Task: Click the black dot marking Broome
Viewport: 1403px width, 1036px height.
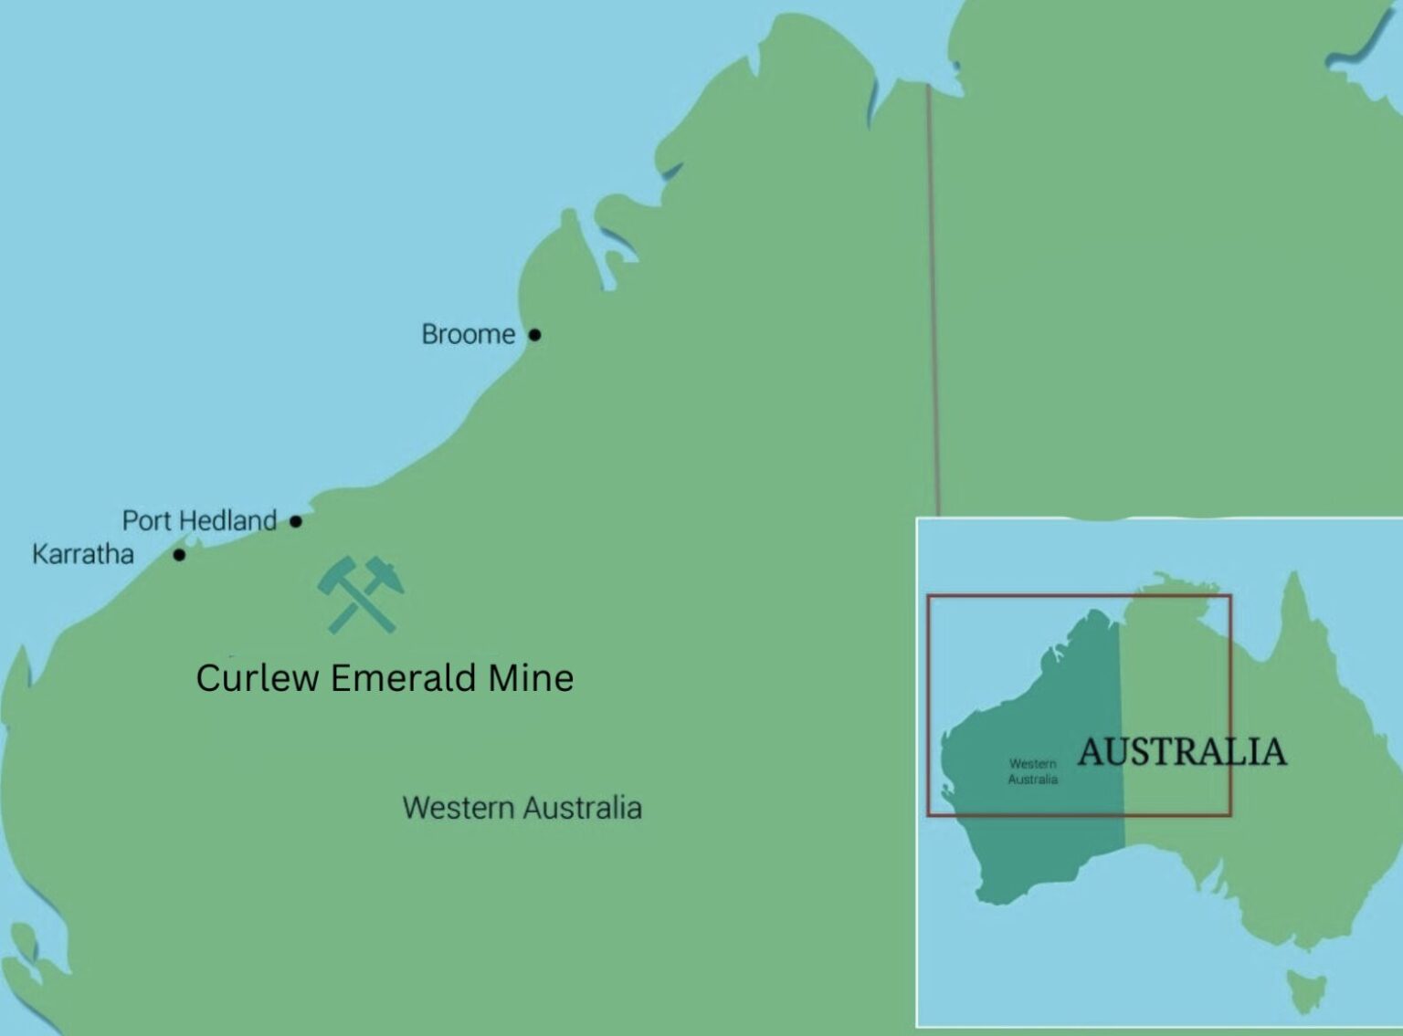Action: click(534, 335)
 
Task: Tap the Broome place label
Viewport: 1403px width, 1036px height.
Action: click(468, 335)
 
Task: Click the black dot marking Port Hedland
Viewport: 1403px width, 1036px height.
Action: click(296, 521)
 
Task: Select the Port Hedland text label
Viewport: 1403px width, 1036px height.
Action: click(199, 521)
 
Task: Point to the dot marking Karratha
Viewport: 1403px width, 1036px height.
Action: click(179, 554)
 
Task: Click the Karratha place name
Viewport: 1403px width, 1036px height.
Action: click(83, 554)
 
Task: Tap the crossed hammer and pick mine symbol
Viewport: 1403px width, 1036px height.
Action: click(360, 595)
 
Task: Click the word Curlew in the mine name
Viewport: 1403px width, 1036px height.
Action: click(257, 678)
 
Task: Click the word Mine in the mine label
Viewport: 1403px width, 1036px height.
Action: click(531, 678)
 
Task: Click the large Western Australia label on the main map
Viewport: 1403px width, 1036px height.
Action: click(522, 808)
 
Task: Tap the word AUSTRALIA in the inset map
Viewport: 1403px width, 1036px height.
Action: click(1182, 752)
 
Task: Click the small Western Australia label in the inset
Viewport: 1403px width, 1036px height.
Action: click(1033, 771)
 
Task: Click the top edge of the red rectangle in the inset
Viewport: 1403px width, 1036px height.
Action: click(1078, 596)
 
